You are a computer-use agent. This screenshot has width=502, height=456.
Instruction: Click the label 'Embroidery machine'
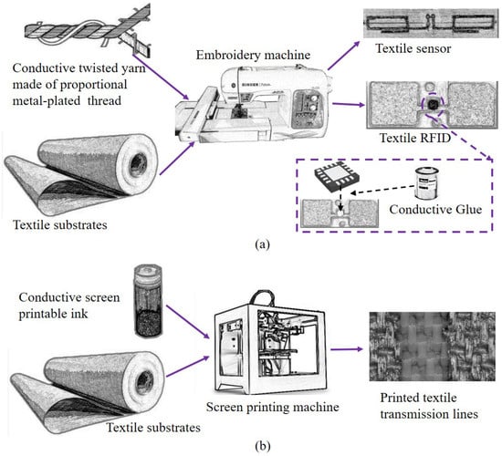pyautogui.click(x=253, y=55)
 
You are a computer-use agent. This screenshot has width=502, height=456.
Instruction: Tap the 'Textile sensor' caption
pyautogui.click(x=413, y=48)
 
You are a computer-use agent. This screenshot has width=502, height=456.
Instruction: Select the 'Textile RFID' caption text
pyautogui.click(x=415, y=138)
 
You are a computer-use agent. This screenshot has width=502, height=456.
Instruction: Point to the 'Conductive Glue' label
pyautogui.click(x=435, y=210)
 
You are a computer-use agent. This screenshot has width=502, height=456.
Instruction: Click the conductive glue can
pyautogui.click(x=427, y=183)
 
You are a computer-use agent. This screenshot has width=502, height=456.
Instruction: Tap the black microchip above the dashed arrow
pyautogui.click(x=337, y=177)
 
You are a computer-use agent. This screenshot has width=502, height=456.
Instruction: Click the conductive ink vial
pyautogui.click(x=148, y=300)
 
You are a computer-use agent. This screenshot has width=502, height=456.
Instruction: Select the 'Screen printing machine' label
pyautogui.click(x=273, y=407)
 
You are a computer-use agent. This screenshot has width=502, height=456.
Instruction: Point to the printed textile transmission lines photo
pyautogui.click(x=433, y=347)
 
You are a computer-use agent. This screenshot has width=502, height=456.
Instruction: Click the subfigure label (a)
pyautogui.click(x=263, y=244)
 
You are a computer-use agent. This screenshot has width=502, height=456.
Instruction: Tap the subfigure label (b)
pyautogui.click(x=263, y=446)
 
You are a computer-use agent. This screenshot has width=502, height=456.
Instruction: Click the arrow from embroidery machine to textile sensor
pyautogui.click(x=344, y=56)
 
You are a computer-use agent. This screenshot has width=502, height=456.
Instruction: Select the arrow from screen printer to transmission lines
pyautogui.click(x=347, y=349)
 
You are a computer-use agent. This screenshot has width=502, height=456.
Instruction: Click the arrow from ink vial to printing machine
pyautogui.click(x=188, y=322)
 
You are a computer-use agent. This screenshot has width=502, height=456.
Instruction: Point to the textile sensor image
pyautogui.click(x=431, y=24)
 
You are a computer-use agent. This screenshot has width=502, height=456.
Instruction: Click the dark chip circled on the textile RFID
pyautogui.click(x=433, y=104)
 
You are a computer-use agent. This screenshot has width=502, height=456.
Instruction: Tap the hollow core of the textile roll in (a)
pyautogui.click(x=139, y=164)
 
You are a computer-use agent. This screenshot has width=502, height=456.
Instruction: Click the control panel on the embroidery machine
pyautogui.click(x=305, y=109)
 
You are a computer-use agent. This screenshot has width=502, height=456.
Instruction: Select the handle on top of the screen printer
pyautogui.click(x=262, y=297)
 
